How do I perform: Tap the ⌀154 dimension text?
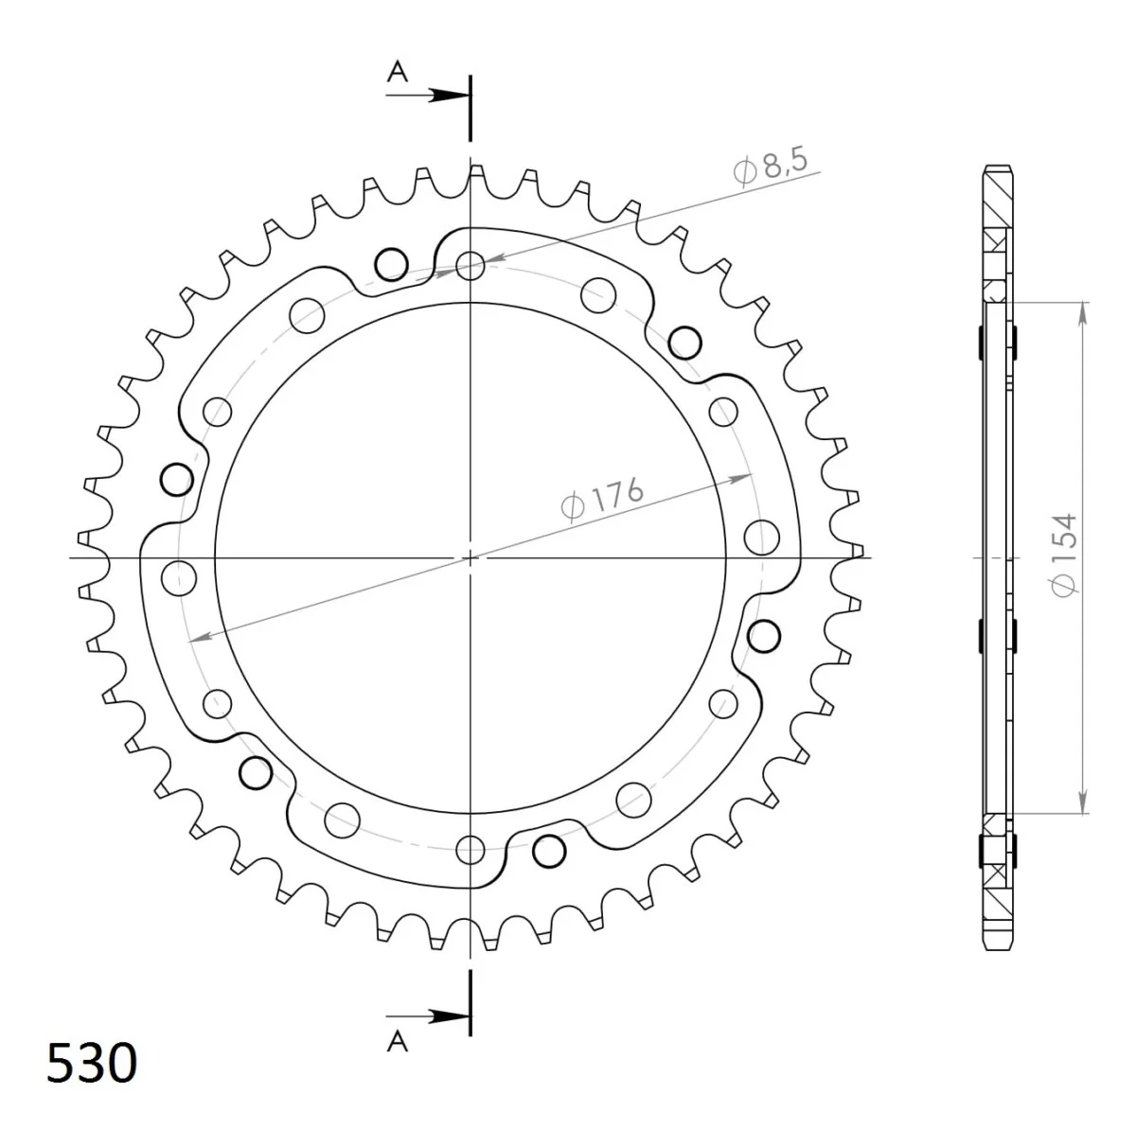1064,555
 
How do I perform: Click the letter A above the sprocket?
398,72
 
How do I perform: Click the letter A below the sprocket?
398,1042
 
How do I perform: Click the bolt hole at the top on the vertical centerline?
470,266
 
